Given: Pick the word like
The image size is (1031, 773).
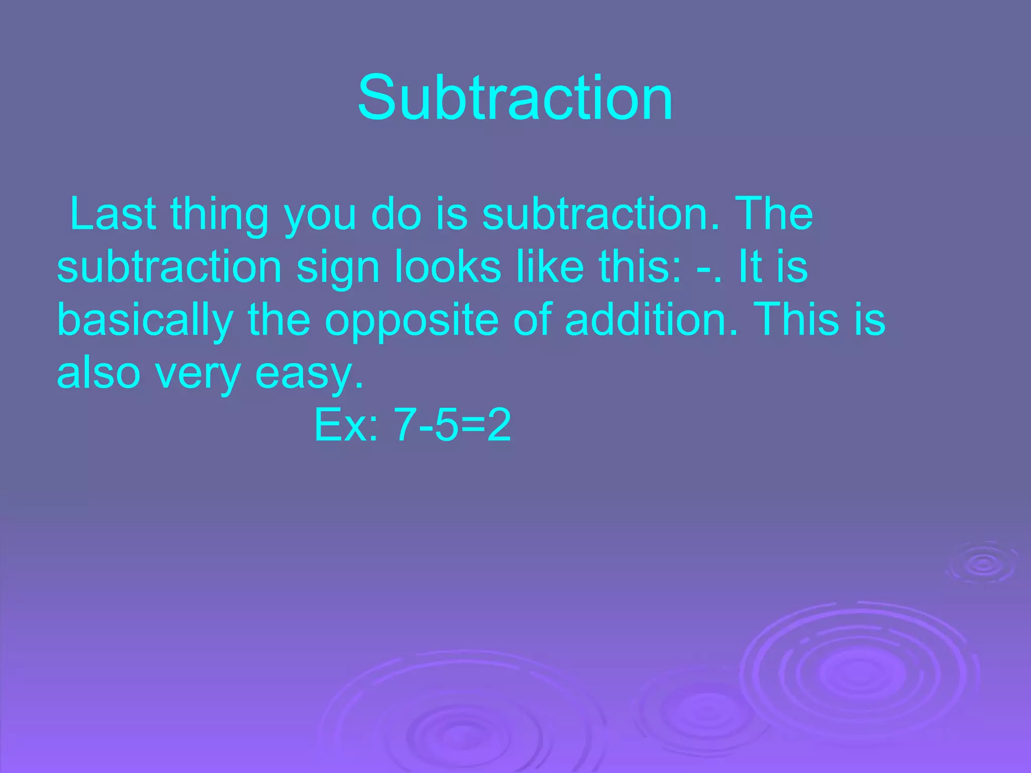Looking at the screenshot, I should (550, 266).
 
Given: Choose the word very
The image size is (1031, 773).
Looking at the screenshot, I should (197, 375).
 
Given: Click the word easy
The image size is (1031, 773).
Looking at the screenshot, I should (309, 375).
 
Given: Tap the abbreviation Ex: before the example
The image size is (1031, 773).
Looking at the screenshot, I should (346, 425).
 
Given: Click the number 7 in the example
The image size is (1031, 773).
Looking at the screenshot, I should (404, 425).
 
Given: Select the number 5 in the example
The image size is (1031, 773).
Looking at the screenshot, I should (444, 425).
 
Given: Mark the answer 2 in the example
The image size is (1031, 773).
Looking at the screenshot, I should (498, 425).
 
